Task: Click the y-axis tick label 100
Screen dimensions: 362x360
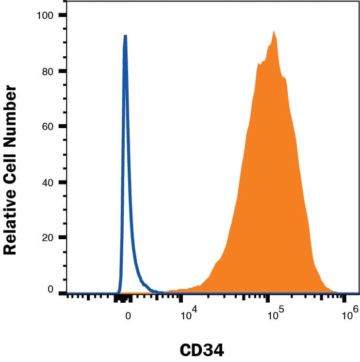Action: [45, 15]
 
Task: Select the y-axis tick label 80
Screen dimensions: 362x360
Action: [47, 71]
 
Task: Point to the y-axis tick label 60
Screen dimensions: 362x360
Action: [47, 127]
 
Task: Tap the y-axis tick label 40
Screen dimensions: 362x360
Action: [47, 182]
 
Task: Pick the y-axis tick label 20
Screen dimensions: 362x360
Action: [47, 238]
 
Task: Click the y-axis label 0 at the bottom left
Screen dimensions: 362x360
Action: [50, 289]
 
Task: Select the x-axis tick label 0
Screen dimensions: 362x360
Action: [128, 315]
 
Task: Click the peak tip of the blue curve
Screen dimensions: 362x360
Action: [125, 35]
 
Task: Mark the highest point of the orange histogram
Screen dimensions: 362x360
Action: [274, 32]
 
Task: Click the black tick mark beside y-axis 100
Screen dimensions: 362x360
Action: [62, 15]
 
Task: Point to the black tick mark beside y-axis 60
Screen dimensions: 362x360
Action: [62, 127]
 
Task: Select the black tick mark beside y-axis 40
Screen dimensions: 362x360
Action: [62, 182]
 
